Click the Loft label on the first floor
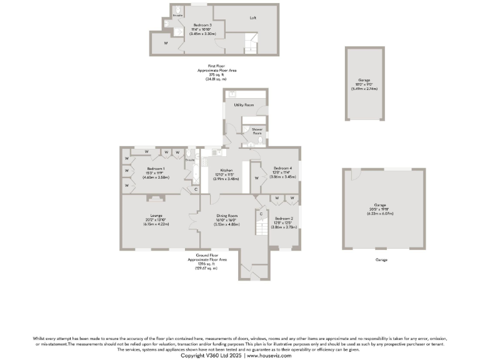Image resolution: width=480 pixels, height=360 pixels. pos(253,17)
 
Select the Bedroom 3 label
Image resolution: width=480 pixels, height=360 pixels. pos(202,25)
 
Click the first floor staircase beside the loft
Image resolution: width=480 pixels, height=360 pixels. pos(250,44)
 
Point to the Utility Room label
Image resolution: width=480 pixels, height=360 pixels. pos(243,105)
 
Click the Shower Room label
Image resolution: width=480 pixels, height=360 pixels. pos(257,131)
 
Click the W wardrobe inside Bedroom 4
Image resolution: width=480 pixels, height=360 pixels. pos(257,178)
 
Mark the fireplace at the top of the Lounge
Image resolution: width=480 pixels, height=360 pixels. pos(155,199)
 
